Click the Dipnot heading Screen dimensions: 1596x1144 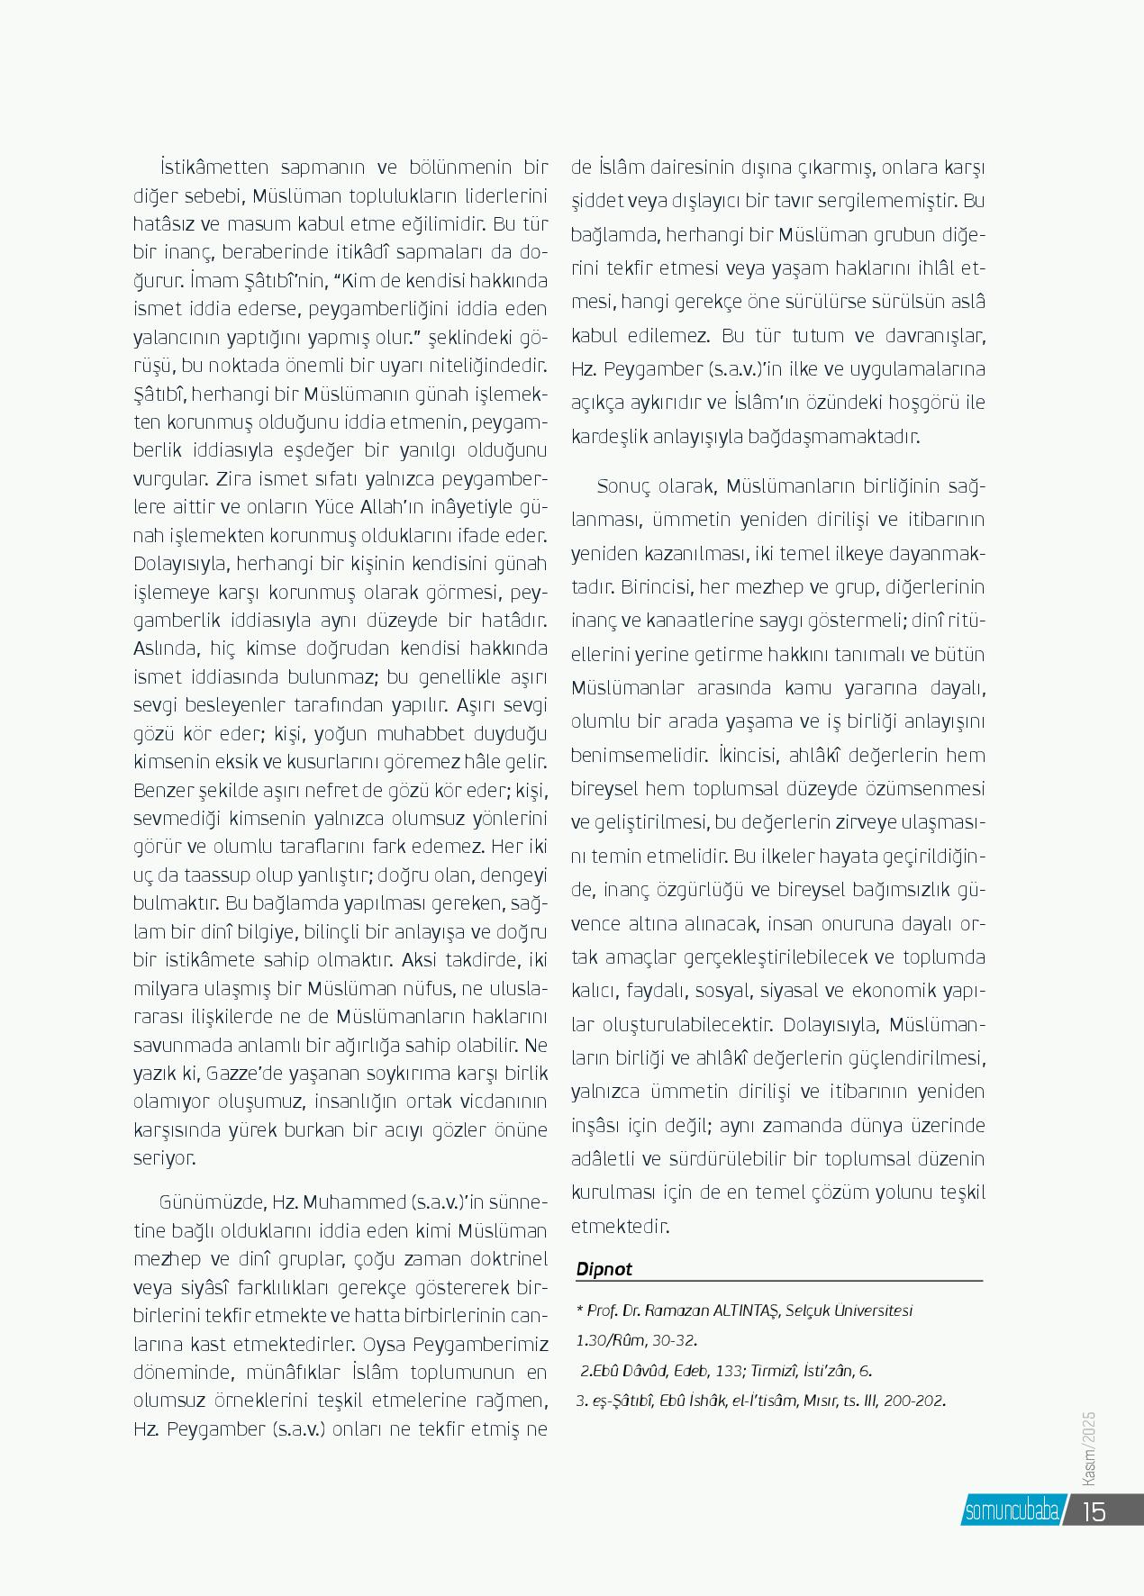click(604, 1269)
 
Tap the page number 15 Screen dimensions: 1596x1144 click(1094, 1511)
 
